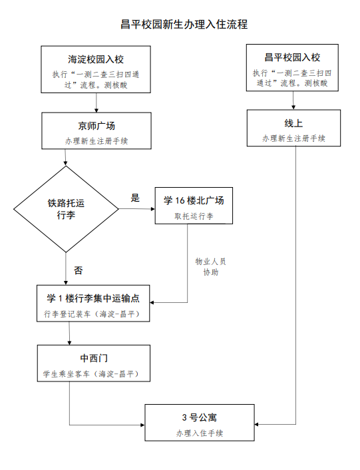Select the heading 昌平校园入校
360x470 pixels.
(292, 58)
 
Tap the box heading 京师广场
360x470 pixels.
(96, 126)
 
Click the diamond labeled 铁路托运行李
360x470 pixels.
(66, 209)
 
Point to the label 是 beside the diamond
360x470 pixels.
(135, 198)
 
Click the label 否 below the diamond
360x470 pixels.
(78, 270)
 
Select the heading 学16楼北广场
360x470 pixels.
(193, 200)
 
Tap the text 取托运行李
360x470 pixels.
(193, 216)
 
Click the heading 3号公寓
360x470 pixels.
(200, 417)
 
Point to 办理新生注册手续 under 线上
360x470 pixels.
(293, 138)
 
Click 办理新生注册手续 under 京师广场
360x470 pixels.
(96, 142)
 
